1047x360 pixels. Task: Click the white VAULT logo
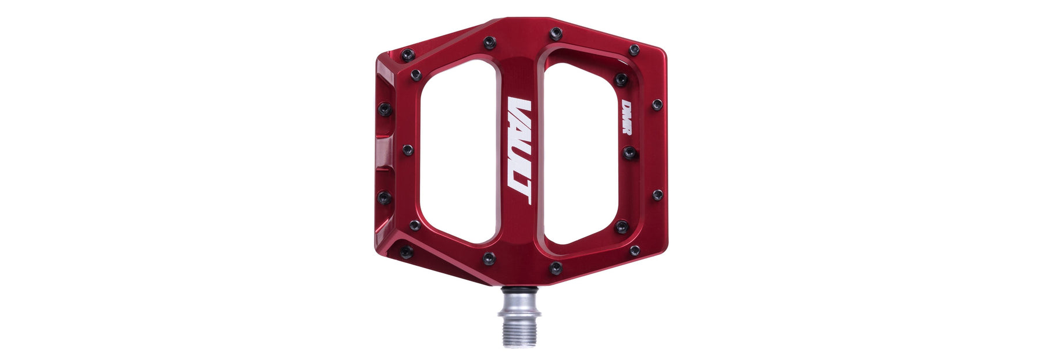pyautogui.click(x=519, y=151)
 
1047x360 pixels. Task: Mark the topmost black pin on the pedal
pyautogui.click(x=556, y=32)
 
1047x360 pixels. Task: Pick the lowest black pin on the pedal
pyautogui.click(x=556, y=268)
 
